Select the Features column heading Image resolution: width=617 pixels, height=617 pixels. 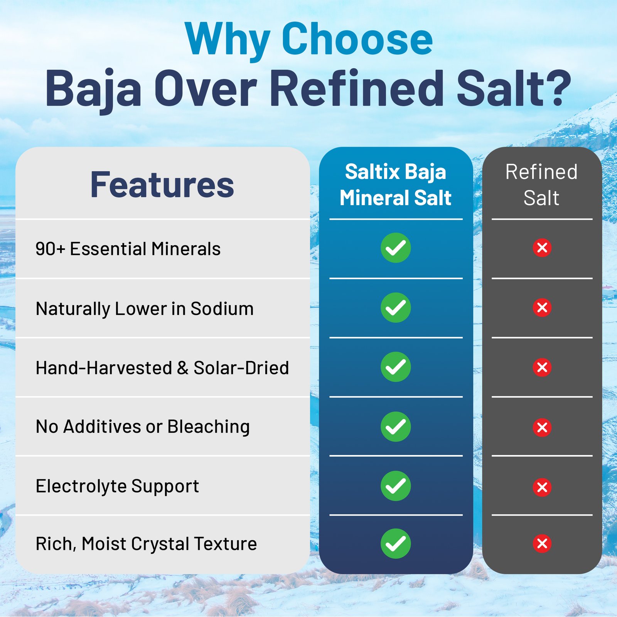[162, 185]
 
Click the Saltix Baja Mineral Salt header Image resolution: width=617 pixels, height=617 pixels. [396, 185]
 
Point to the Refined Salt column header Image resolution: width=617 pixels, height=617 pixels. [541, 185]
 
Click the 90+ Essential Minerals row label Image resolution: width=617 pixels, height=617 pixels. [128, 249]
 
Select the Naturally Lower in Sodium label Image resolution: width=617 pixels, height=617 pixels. [145, 309]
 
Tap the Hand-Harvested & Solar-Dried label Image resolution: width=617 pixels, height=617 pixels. [162, 368]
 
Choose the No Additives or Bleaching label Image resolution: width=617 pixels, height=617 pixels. [143, 427]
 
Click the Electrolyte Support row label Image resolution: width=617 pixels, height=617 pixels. [117, 486]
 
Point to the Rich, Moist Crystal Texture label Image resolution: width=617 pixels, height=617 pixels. [146, 544]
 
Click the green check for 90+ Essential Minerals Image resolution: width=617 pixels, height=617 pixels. [396, 248]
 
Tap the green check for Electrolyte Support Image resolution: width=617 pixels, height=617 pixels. [396, 486]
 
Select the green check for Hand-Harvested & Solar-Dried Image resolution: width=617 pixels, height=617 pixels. [396, 367]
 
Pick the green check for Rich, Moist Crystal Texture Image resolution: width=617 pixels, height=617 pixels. [396, 544]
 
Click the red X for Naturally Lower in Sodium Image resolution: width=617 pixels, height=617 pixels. [542, 308]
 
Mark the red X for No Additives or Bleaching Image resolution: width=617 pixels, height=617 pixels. [542, 427]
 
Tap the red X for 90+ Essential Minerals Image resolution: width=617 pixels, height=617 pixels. [542, 248]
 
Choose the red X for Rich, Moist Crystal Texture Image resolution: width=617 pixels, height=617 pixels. [542, 544]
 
